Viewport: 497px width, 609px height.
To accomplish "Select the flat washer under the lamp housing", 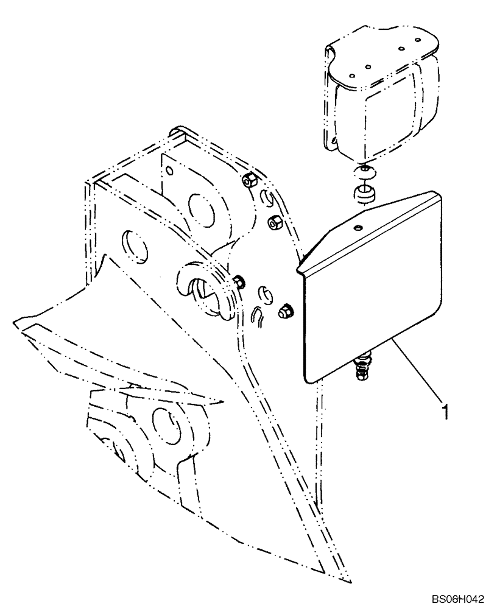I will tap(363, 170).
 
